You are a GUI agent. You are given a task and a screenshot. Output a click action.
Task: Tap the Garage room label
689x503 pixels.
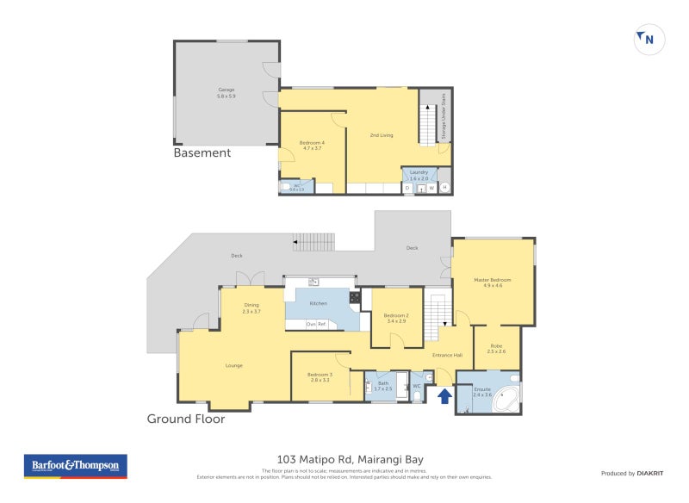tap(226, 91)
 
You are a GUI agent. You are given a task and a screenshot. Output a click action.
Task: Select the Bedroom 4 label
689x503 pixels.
tap(311, 144)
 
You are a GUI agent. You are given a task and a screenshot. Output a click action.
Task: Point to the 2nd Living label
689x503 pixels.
tap(382, 135)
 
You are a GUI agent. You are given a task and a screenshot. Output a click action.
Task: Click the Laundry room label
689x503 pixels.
tap(419, 174)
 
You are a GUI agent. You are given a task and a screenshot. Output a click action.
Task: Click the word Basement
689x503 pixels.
tap(202, 153)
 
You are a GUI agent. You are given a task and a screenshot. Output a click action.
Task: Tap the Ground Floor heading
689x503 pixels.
tap(185, 419)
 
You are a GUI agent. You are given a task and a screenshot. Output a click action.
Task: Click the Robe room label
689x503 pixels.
tap(497, 348)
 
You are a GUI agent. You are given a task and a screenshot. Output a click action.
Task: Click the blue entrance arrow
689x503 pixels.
tap(444, 396)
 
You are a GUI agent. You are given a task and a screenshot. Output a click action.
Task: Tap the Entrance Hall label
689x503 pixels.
tap(447, 355)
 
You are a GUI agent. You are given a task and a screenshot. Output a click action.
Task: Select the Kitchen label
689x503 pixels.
tap(319, 304)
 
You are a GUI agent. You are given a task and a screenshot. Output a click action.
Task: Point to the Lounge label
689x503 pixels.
tap(233, 365)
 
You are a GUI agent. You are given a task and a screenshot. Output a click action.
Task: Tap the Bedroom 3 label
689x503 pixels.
tap(320, 376)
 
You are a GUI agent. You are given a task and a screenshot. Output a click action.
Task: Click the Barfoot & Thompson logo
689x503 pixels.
tap(75, 466)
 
